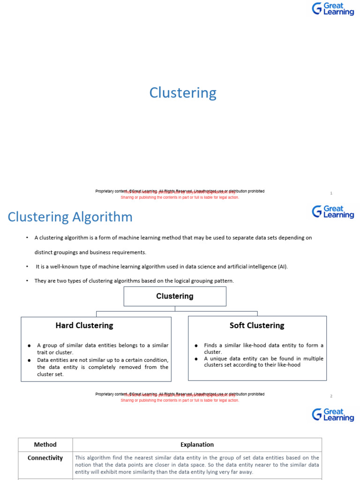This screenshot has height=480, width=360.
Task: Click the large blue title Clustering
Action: (x=183, y=93)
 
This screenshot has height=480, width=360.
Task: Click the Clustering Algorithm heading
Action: (x=70, y=217)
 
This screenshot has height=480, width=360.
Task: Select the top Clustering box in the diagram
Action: (x=174, y=296)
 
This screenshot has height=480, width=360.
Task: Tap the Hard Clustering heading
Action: (x=84, y=325)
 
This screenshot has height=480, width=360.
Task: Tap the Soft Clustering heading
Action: (x=256, y=325)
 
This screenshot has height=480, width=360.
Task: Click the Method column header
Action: (x=45, y=444)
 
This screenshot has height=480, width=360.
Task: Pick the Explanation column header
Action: (x=197, y=444)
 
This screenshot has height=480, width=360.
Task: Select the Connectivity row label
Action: (x=45, y=458)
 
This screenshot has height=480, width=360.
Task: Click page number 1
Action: (x=331, y=193)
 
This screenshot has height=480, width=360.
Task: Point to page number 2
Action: (x=331, y=396)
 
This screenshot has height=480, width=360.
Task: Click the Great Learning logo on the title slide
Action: (x=333, y=8)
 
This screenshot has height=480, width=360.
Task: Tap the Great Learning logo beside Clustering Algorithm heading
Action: (x=333, y=211)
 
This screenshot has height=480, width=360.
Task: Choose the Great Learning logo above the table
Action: (x=333, y=414)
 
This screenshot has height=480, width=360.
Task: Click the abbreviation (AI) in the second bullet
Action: (x=282, y=267)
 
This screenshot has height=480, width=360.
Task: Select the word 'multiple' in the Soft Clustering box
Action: (x=312, y=359)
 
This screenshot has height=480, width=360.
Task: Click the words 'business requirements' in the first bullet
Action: (x=121, y=252)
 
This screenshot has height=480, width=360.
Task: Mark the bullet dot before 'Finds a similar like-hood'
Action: (x=196, y=346)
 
